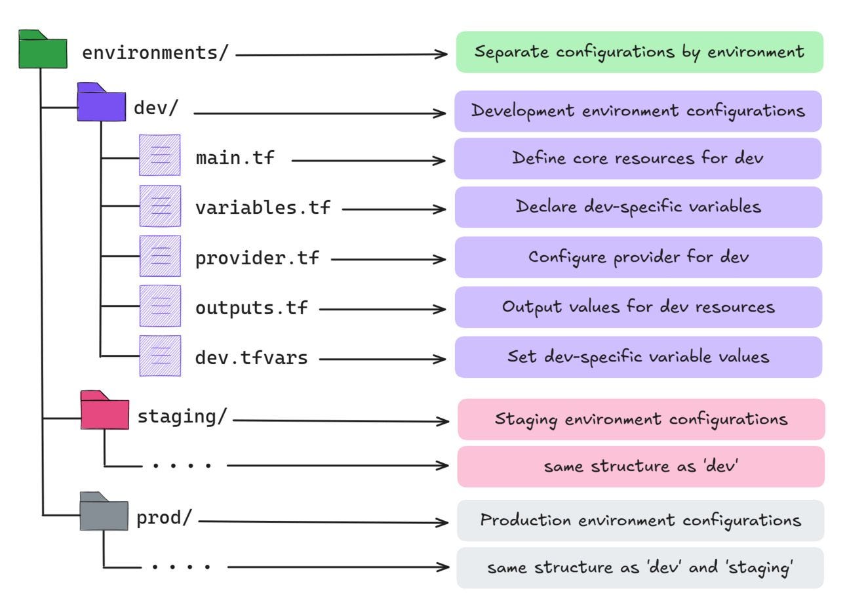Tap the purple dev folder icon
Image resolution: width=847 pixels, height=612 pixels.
[101, 104]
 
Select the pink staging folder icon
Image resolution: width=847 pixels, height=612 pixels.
[105, 411]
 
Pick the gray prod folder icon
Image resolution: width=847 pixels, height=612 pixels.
[104, 513]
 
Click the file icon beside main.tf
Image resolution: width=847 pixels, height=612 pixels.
[159, 155]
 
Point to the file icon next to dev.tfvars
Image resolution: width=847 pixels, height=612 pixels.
[159, 356]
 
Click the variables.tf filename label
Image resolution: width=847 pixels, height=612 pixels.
[263, 208]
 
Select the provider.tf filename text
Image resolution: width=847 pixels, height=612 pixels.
[257, 258]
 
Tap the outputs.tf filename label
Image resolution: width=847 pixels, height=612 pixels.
[251, 308]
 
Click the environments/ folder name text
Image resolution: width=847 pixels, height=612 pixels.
[155, 53]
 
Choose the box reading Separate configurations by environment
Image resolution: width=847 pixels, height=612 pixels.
[639, 52]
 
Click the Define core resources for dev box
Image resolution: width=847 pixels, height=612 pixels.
[637, 159]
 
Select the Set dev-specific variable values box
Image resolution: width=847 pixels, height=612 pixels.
[638, 357]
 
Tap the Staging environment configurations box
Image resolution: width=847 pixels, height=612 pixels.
[640, 419]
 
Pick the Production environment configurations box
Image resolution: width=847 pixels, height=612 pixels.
[640, 521]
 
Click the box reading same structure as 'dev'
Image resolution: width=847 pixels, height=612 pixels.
[640, 467]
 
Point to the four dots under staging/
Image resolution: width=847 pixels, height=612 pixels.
[182, 465]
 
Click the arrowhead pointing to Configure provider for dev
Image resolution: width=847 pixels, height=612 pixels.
[441, 259]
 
